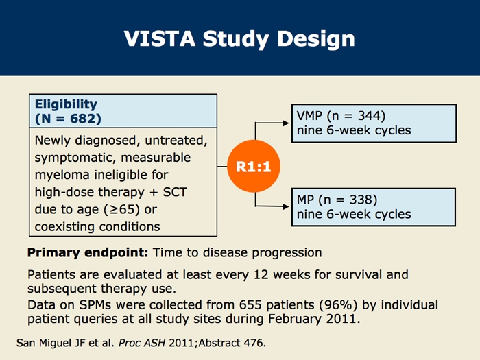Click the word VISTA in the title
160,39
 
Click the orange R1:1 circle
254,166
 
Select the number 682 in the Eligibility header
82,119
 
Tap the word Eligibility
66,104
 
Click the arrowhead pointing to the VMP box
286,123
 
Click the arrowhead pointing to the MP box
286,206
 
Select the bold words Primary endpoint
88,253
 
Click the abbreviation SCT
175,192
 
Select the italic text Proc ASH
142,343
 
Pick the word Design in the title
316,40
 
